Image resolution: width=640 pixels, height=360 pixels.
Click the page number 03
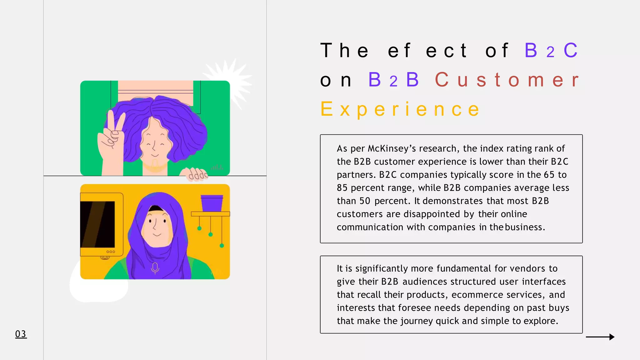[21, 334]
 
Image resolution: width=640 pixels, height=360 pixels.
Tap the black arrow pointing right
[600, 337]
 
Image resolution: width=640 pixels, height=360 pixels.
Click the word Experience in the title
[400, 109]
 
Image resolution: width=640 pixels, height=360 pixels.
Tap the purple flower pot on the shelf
[212, 203]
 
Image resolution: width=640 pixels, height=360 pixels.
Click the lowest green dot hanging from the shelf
[222, 246]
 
